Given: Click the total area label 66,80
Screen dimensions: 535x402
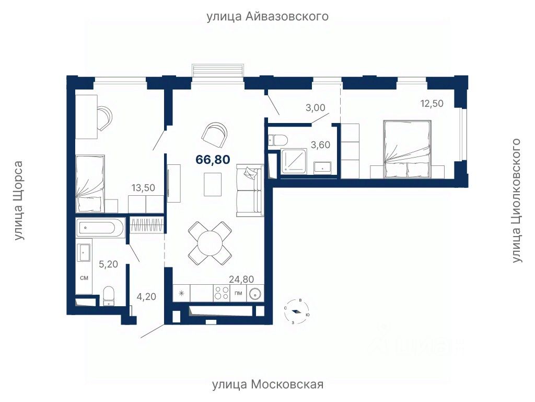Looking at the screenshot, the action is point(213,159).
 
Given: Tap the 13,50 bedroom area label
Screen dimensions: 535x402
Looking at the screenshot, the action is point(143,188).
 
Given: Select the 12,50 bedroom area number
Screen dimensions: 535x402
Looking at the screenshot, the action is point(432,103).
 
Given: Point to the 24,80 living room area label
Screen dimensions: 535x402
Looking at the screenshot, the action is point(241,280).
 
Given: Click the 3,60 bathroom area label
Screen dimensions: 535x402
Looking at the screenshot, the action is point(320,145).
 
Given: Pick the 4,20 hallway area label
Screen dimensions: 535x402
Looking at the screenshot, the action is point(146,296).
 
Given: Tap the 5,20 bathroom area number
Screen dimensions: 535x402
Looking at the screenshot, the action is point(108,264).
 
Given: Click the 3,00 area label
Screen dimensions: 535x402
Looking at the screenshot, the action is point(315,108).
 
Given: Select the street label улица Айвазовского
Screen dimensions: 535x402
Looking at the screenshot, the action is point(267,16).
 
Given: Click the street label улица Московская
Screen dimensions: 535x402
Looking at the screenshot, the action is point(268,385).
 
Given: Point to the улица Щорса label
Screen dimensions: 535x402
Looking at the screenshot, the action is point(18,200).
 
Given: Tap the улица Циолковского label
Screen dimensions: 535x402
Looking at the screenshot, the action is point(517,200).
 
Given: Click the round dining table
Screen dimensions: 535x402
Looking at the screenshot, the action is point(210,243).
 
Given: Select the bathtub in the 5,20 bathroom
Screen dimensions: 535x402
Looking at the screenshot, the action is point(100,227).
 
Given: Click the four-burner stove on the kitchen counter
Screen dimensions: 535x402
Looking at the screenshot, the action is point(222,293).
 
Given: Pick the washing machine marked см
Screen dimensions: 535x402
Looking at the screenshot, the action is point(84,278).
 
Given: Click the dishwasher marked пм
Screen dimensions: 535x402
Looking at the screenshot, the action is point(238,293).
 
